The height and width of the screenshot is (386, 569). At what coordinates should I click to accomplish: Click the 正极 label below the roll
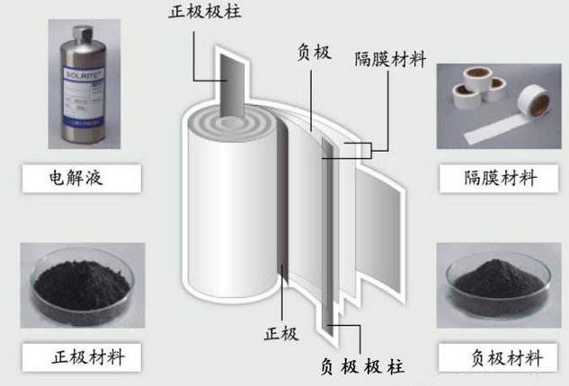[280, 334]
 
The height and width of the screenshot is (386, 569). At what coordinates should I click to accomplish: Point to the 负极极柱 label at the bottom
[361, 365]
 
